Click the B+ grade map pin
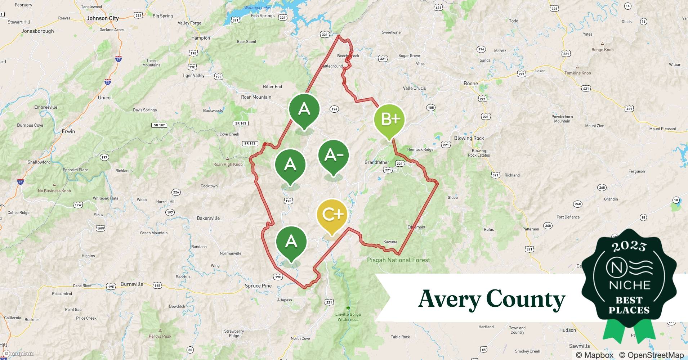[389, 120]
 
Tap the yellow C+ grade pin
[332, 215]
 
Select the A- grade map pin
[333, 155]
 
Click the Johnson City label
[103, 18]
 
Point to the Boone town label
[471, 84]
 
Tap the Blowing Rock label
[469, 138]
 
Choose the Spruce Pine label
[258, 286]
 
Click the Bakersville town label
[208, 218]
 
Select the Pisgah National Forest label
[398, 260]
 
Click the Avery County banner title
[491, 299]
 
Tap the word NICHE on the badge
[629, 285]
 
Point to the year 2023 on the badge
[629, 246]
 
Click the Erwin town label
[68, 131]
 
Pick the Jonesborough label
[38, 31]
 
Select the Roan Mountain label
[256, 97]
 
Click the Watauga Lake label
[257, 8]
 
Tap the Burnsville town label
[132, 284]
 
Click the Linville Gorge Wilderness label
[348, 317]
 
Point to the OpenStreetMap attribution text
[651, 355]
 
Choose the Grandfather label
[377, 162]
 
